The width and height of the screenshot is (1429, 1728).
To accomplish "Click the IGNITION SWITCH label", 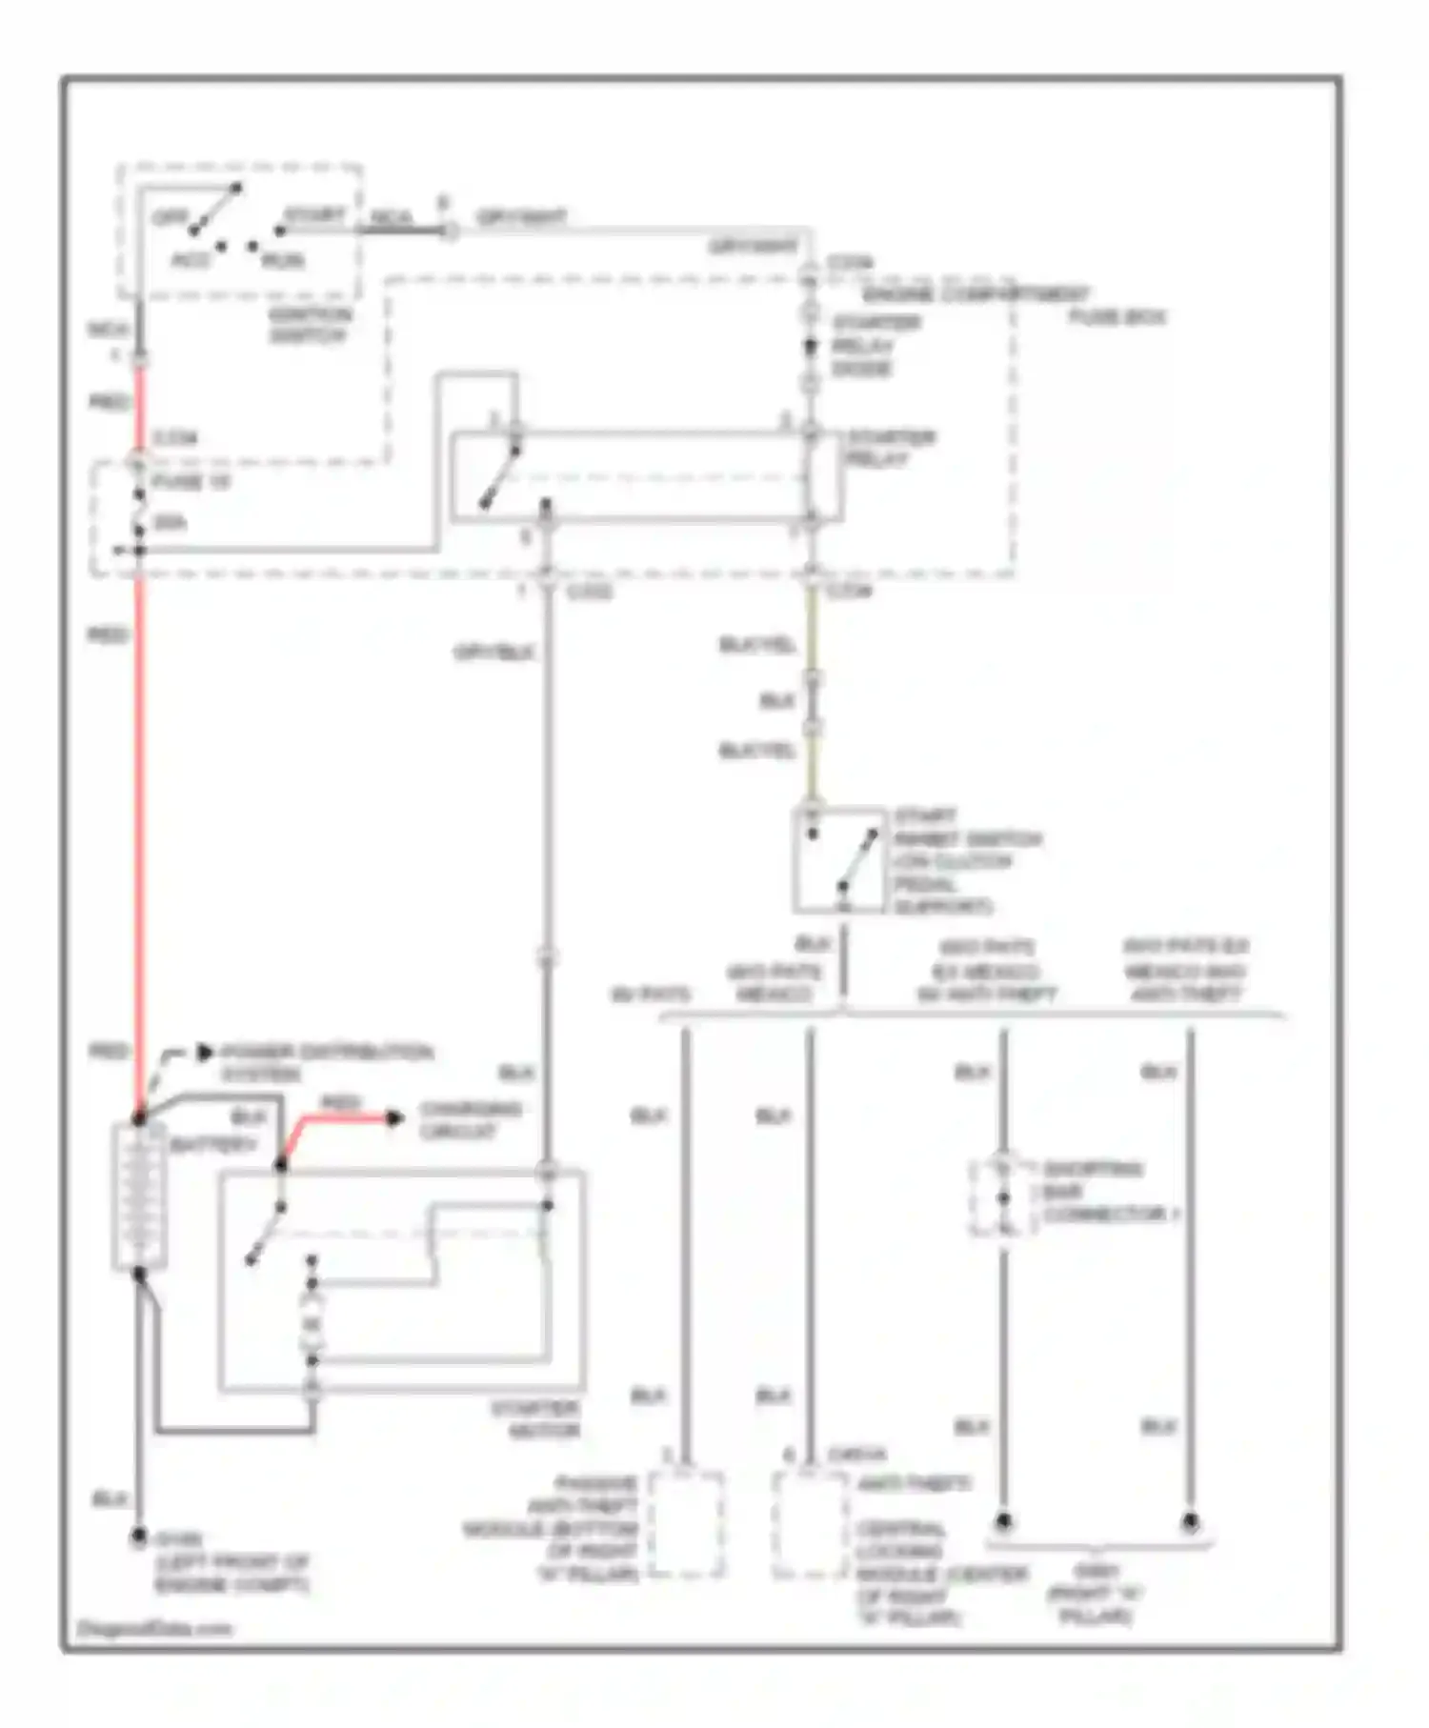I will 309,324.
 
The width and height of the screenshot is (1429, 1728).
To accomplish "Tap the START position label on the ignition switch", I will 314,215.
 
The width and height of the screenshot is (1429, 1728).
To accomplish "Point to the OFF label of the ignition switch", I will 171,218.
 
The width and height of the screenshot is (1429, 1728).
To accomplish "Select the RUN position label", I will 283,260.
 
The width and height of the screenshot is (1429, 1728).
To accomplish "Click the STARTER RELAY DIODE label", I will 875,345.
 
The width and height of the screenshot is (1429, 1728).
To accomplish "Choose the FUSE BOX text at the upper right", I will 1117,316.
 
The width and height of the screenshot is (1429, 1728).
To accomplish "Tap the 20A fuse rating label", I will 170,522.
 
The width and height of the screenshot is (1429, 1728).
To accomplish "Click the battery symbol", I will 139,1196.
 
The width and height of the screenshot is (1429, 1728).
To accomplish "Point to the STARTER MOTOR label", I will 535,1419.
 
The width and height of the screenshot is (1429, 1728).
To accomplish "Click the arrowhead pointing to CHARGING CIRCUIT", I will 394,1117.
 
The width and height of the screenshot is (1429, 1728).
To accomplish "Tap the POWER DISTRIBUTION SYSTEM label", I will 327,1062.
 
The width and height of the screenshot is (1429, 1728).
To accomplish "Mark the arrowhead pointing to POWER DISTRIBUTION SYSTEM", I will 204,1053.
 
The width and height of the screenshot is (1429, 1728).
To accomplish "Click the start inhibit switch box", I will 839,860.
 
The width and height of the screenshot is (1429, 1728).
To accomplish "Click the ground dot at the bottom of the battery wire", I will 139,1537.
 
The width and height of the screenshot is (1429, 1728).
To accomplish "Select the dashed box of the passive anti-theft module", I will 686,1523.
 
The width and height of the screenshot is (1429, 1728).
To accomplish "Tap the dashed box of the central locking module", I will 810,1523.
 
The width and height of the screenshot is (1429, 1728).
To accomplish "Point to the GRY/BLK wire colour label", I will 493,653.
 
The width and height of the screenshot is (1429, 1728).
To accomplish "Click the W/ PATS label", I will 650,995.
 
